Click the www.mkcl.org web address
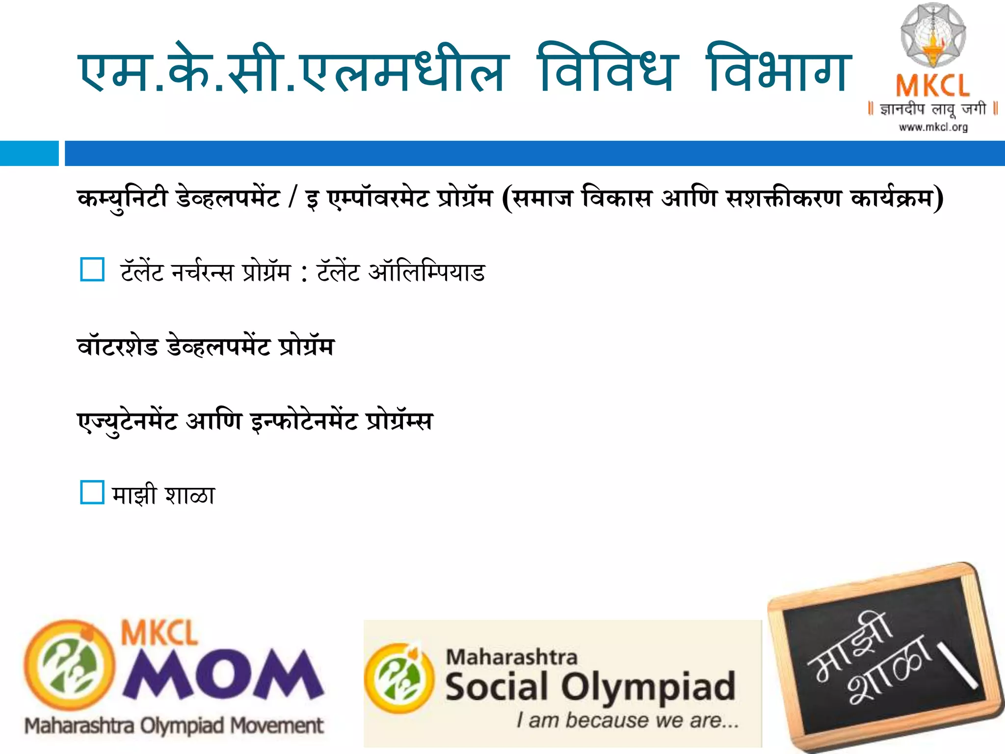933,128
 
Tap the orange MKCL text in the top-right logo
932,86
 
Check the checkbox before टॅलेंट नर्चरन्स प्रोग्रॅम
92,269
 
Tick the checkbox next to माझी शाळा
92,492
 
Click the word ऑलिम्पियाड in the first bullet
426,272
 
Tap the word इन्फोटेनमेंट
304,421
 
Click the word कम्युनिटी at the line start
123,199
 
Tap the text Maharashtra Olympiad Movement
174,726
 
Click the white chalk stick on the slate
957,665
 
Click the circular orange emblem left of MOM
69,668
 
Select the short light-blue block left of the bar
29,153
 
